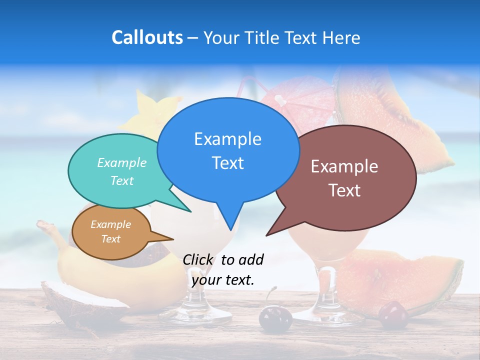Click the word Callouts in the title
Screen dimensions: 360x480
click(147, 37)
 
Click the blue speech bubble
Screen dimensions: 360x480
click(228, 150)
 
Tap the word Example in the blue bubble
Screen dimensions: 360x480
click(227, 139)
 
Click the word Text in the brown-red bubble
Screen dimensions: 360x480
click(344, 190)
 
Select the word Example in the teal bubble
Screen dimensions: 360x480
click(122, 163)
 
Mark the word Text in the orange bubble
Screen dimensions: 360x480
click(111, 239)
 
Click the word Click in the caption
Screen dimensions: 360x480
click(198, 259)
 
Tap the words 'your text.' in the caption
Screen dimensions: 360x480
click(223, 280)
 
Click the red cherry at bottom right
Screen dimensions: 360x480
click(393, 315)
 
